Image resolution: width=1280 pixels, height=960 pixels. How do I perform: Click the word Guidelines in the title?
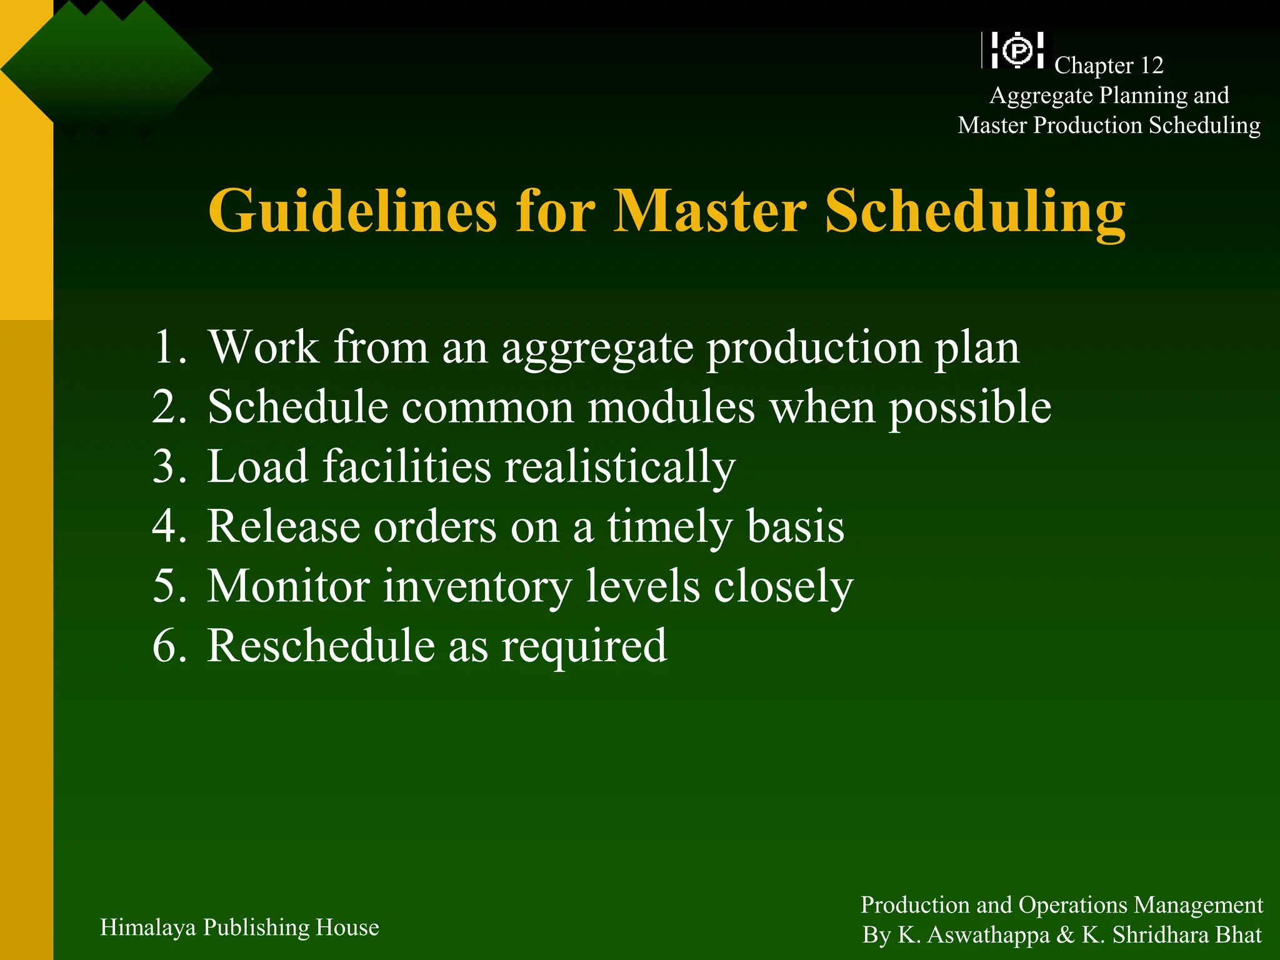point(352,211)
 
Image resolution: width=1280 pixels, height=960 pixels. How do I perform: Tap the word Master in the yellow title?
point(710,211)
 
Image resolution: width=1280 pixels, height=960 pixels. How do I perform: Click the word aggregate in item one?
point(597,349)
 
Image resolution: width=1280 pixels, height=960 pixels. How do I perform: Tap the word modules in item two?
point(671,407)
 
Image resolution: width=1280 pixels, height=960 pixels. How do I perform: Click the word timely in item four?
point(669,527)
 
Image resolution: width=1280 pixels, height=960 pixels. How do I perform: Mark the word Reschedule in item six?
point(321,646)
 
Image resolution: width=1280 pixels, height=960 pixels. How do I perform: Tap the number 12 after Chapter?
point(1151,66)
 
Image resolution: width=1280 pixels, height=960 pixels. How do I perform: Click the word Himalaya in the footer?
point(148,928)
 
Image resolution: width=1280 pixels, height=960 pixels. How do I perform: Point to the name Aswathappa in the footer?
point(988,935)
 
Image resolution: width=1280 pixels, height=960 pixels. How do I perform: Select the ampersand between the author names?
point(1066,935)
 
